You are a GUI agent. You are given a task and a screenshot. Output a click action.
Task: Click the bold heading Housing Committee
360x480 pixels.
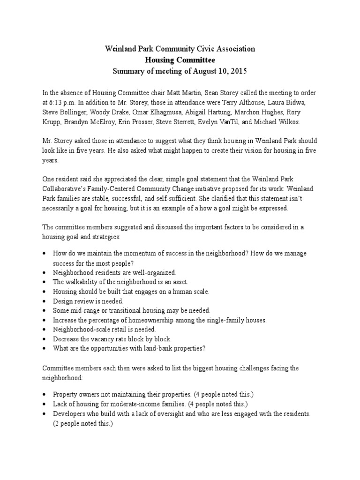180,60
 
